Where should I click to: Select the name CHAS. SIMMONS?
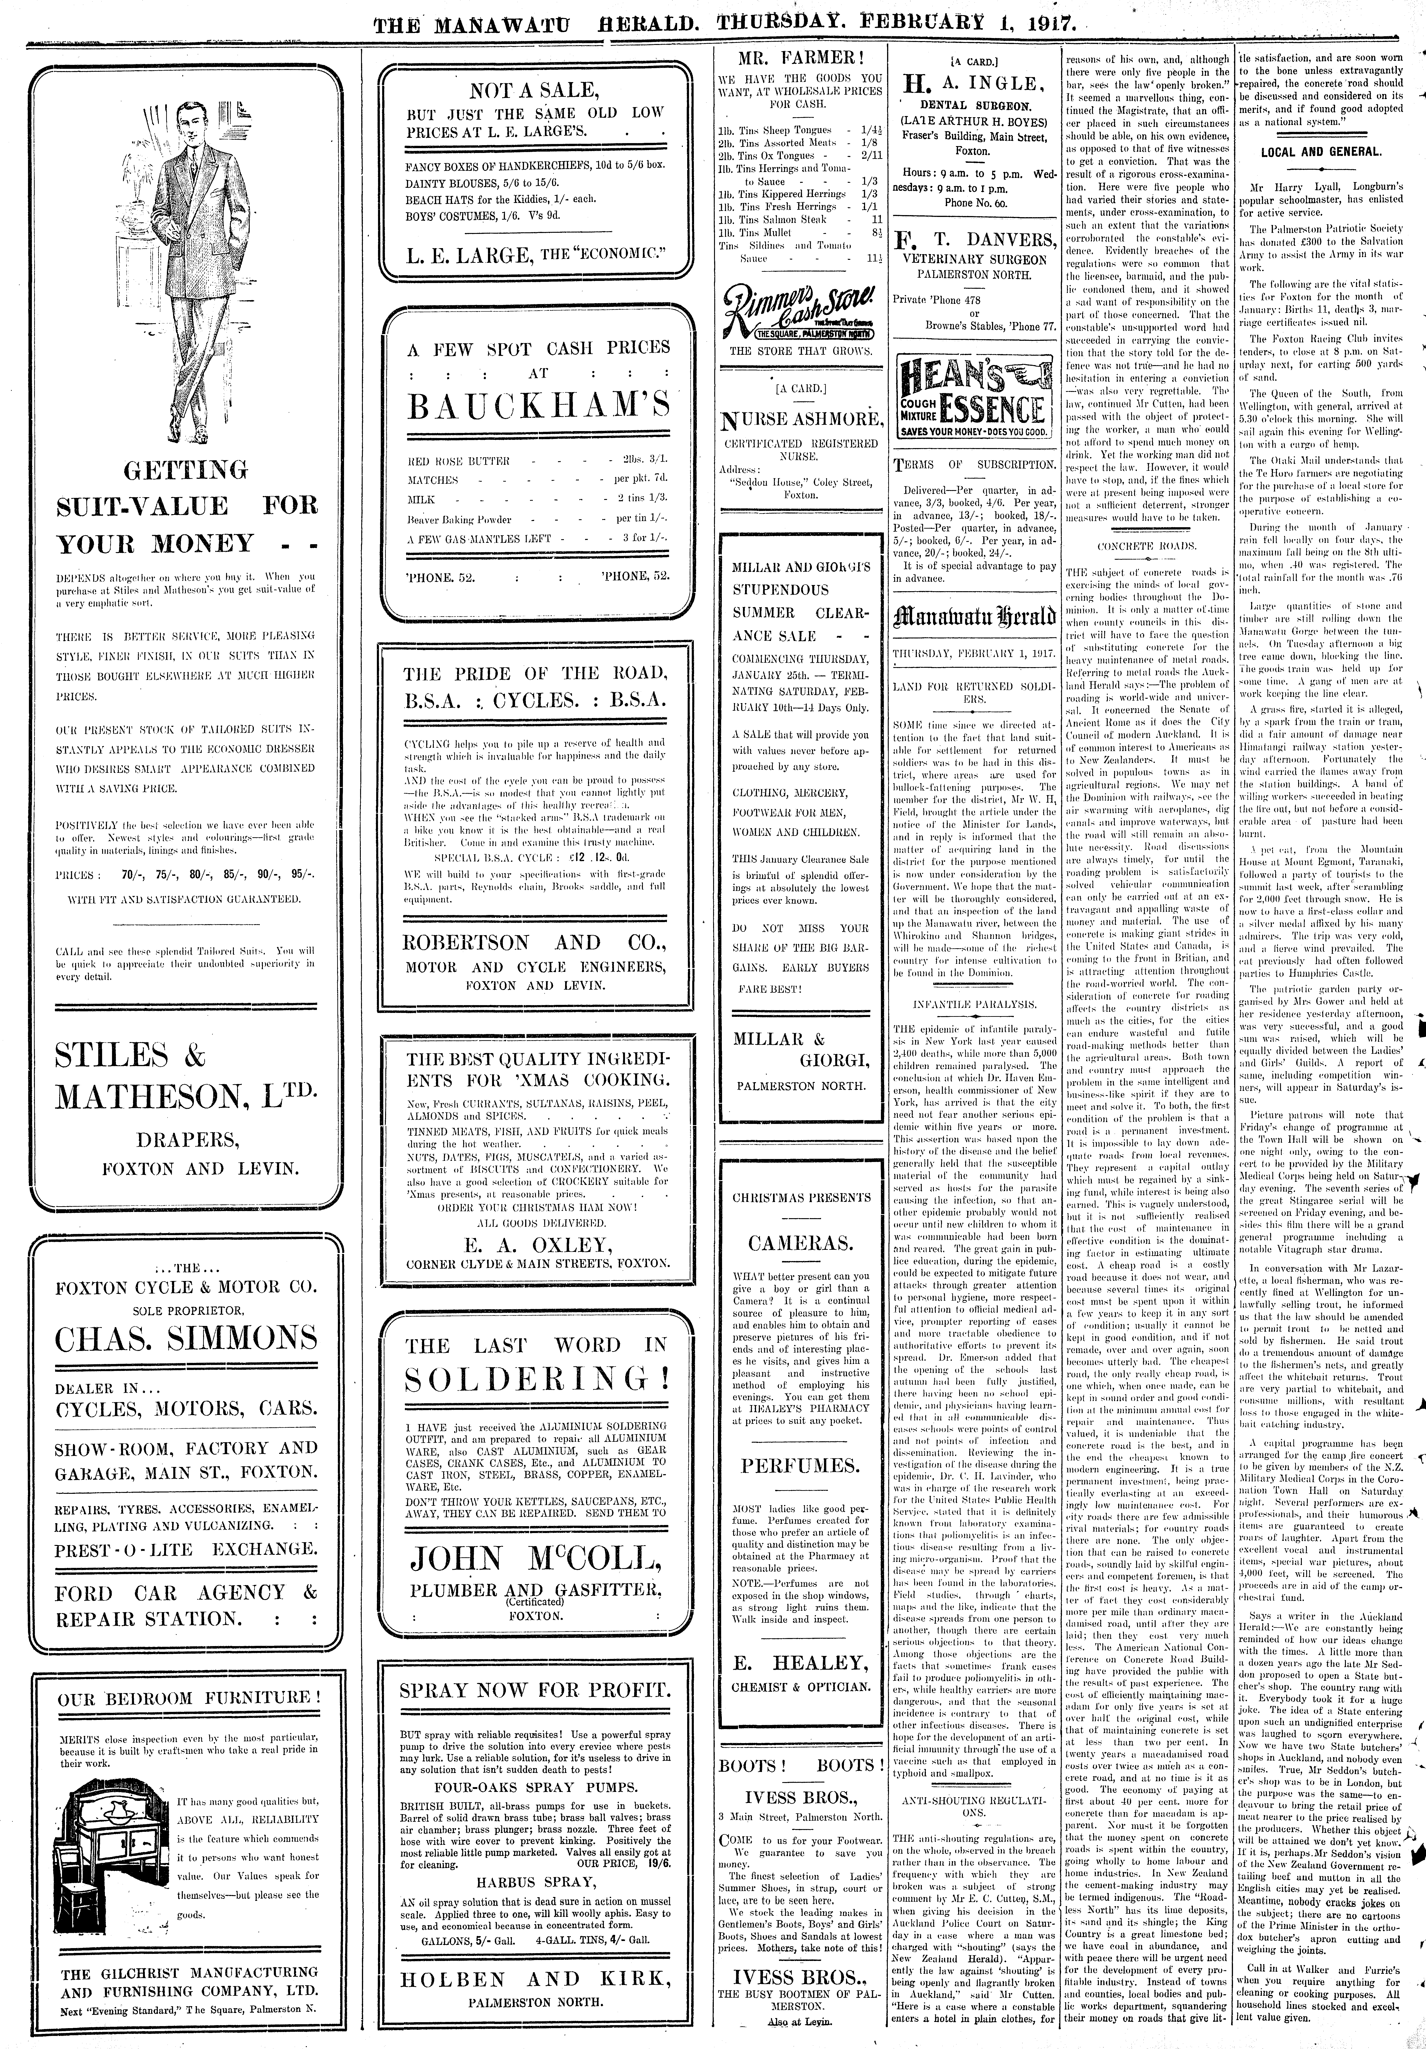pos(186,1339)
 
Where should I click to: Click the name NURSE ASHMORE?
pos(800,419)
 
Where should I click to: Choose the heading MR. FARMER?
pos(800,60)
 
